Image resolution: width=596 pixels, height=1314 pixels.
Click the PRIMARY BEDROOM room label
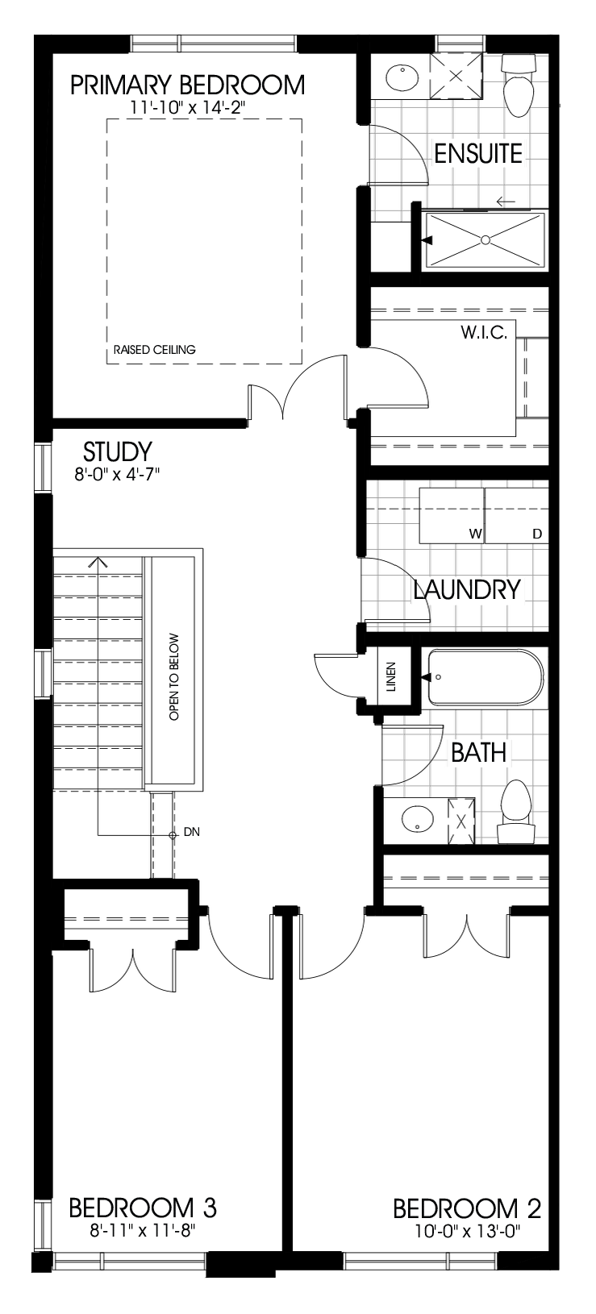tap(187, 85)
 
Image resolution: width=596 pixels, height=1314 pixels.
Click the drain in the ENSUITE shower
tap(486, 239)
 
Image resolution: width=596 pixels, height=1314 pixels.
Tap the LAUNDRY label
tap(468, 589)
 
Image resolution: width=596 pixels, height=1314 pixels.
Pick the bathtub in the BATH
tap(484, 678)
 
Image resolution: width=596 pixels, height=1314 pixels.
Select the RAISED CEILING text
tap(155, 350)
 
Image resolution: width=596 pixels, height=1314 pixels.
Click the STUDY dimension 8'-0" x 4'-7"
tap(118, 476)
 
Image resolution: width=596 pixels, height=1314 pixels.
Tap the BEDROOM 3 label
tap(142, 1208)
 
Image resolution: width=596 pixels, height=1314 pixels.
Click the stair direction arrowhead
tap(98, 562)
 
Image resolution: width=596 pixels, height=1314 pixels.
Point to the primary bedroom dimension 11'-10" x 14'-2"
tap(187, 106)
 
